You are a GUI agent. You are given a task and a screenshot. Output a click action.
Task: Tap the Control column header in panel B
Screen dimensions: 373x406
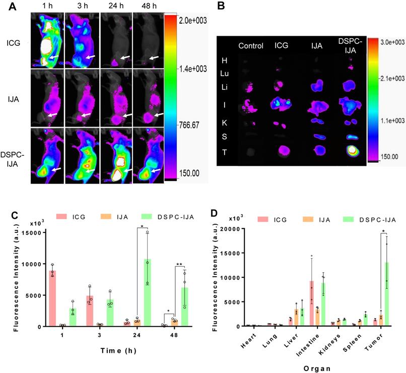point(251,46)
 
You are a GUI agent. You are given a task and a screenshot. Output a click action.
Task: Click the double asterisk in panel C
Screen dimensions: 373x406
point(179,264)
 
